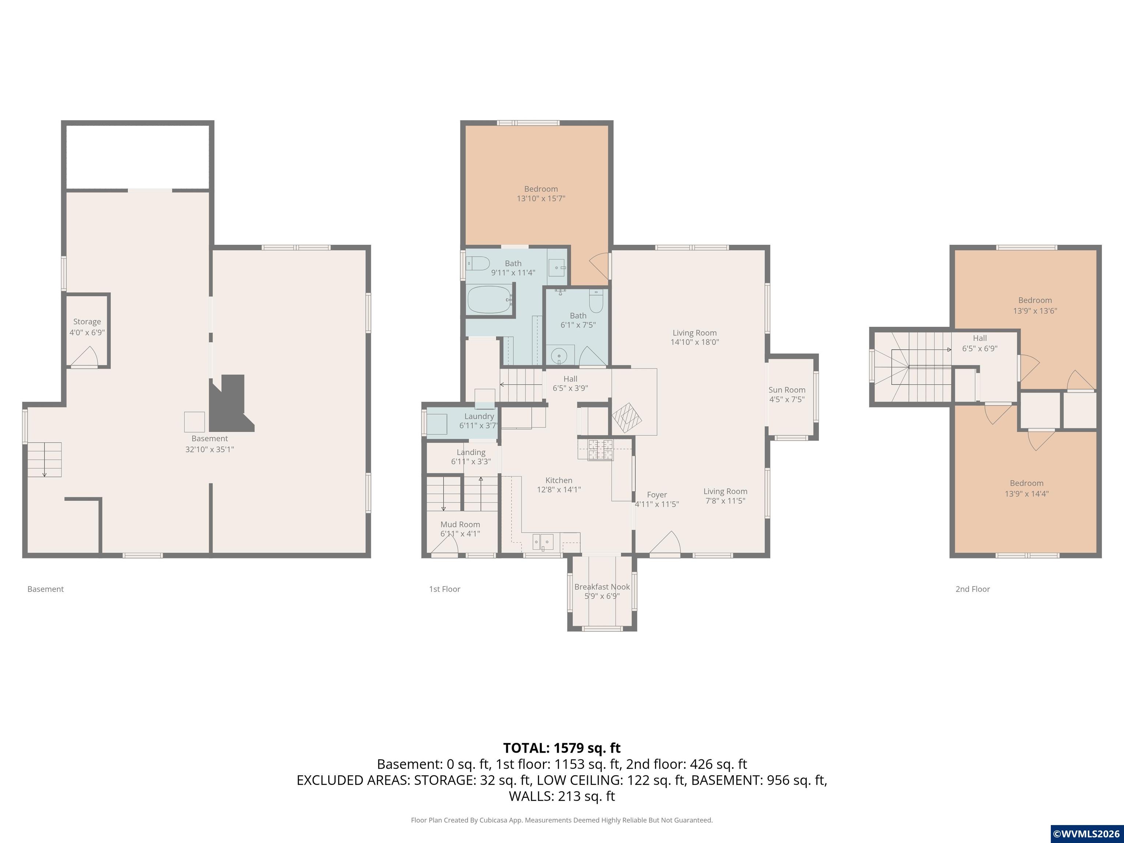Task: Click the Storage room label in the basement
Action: [x=87, y=322]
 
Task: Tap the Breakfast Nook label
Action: [x=602, y=587]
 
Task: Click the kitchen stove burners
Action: [x=601, y=450]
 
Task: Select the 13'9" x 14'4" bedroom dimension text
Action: [x=1026, y=494]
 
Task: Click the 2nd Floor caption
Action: [x=973, y=589]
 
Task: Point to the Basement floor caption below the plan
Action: [x=46, y=589]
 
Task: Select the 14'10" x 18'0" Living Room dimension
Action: [x=694, y=342]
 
